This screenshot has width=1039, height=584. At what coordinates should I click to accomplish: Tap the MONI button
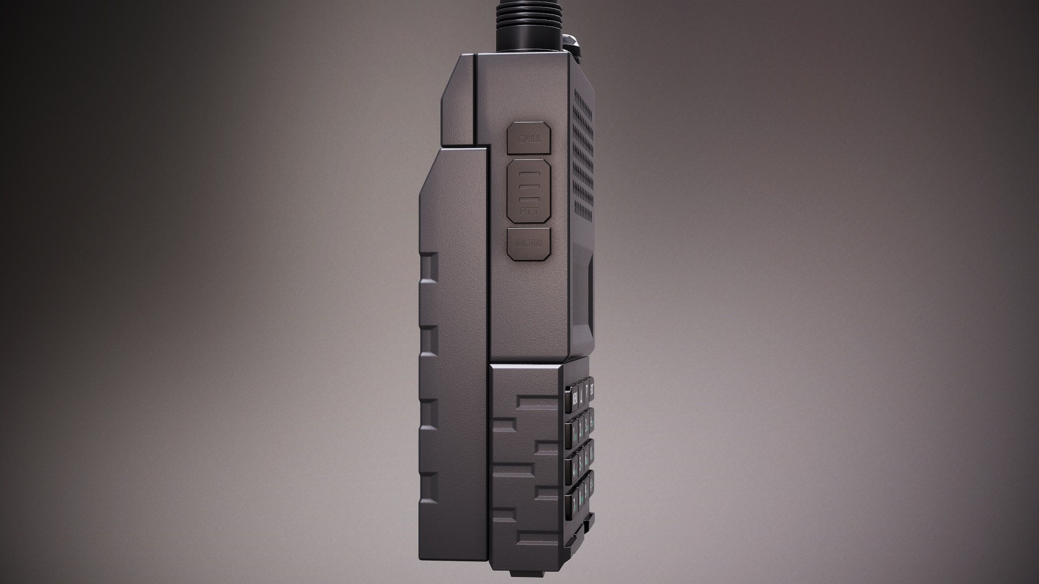[529, 243]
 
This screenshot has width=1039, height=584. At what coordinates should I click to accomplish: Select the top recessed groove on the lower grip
[536, 402]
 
